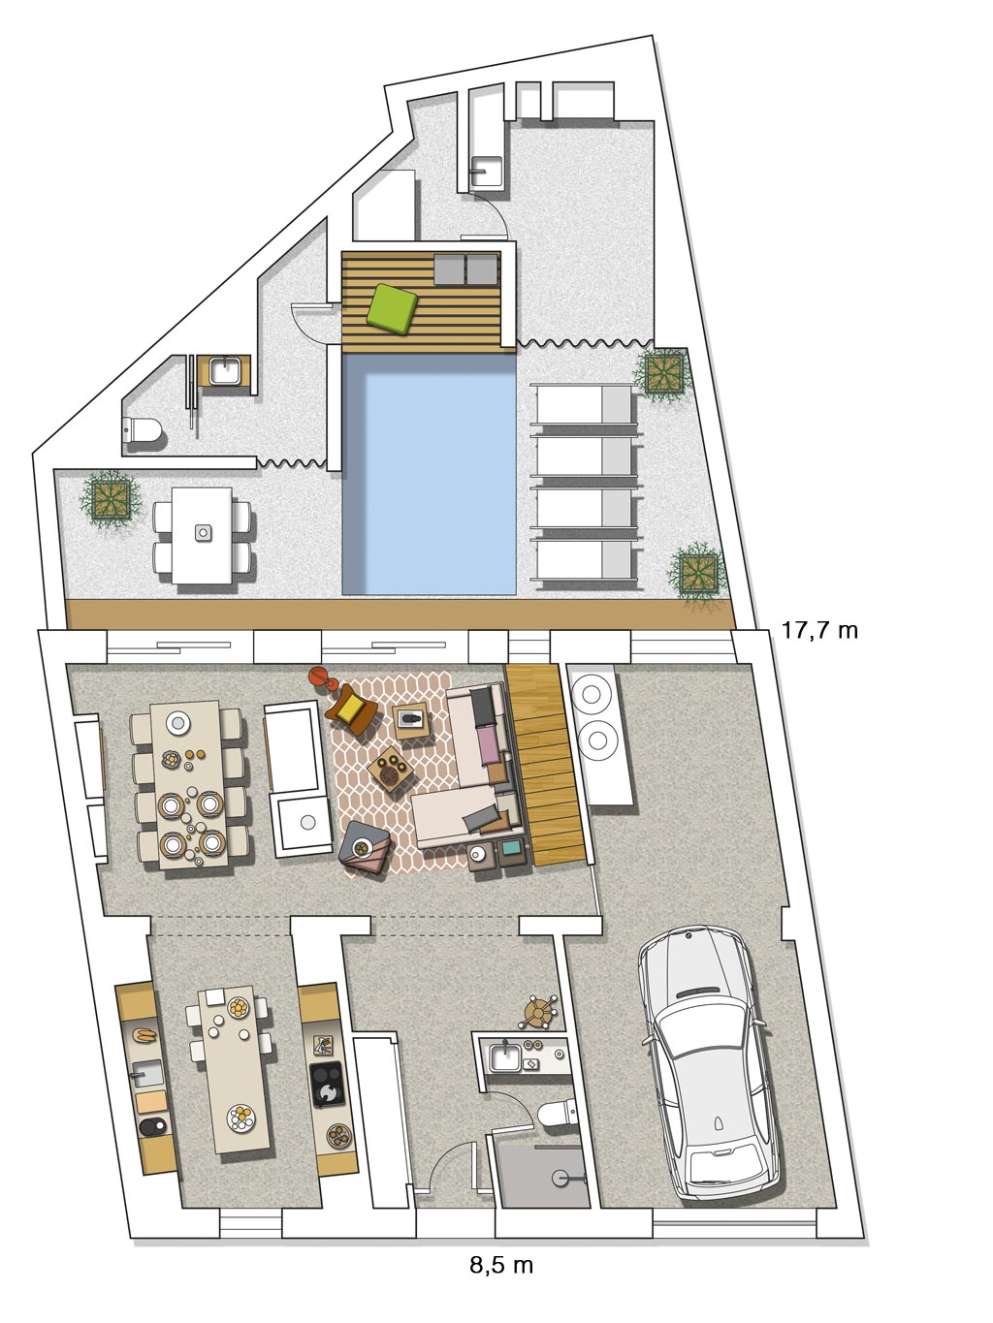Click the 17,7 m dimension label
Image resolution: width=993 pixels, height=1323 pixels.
(x=819, y=630)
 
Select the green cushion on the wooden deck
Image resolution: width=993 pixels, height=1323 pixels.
(x=392, y=308)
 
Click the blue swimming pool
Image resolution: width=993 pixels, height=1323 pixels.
(x=429, y=474)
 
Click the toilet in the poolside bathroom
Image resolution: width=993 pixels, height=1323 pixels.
(x=143, y=429)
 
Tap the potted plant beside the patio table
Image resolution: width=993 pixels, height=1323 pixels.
(x=111, y=500)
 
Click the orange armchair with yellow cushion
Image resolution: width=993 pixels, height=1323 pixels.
(x=351, y=709)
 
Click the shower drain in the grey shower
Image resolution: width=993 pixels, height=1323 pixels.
(x=561, y=1177)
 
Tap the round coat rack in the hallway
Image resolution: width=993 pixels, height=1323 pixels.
(x=538, y=1012)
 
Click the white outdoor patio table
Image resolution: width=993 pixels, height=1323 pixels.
(x=202, y=535)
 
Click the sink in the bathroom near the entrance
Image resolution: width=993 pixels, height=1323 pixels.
(x=505, y=1057)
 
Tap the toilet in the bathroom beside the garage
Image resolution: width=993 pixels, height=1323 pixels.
(x=558, y=1113)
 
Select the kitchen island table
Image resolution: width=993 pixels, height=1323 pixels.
(x=236, y=1070)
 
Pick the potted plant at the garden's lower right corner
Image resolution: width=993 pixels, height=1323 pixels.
(x=697, y=572)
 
